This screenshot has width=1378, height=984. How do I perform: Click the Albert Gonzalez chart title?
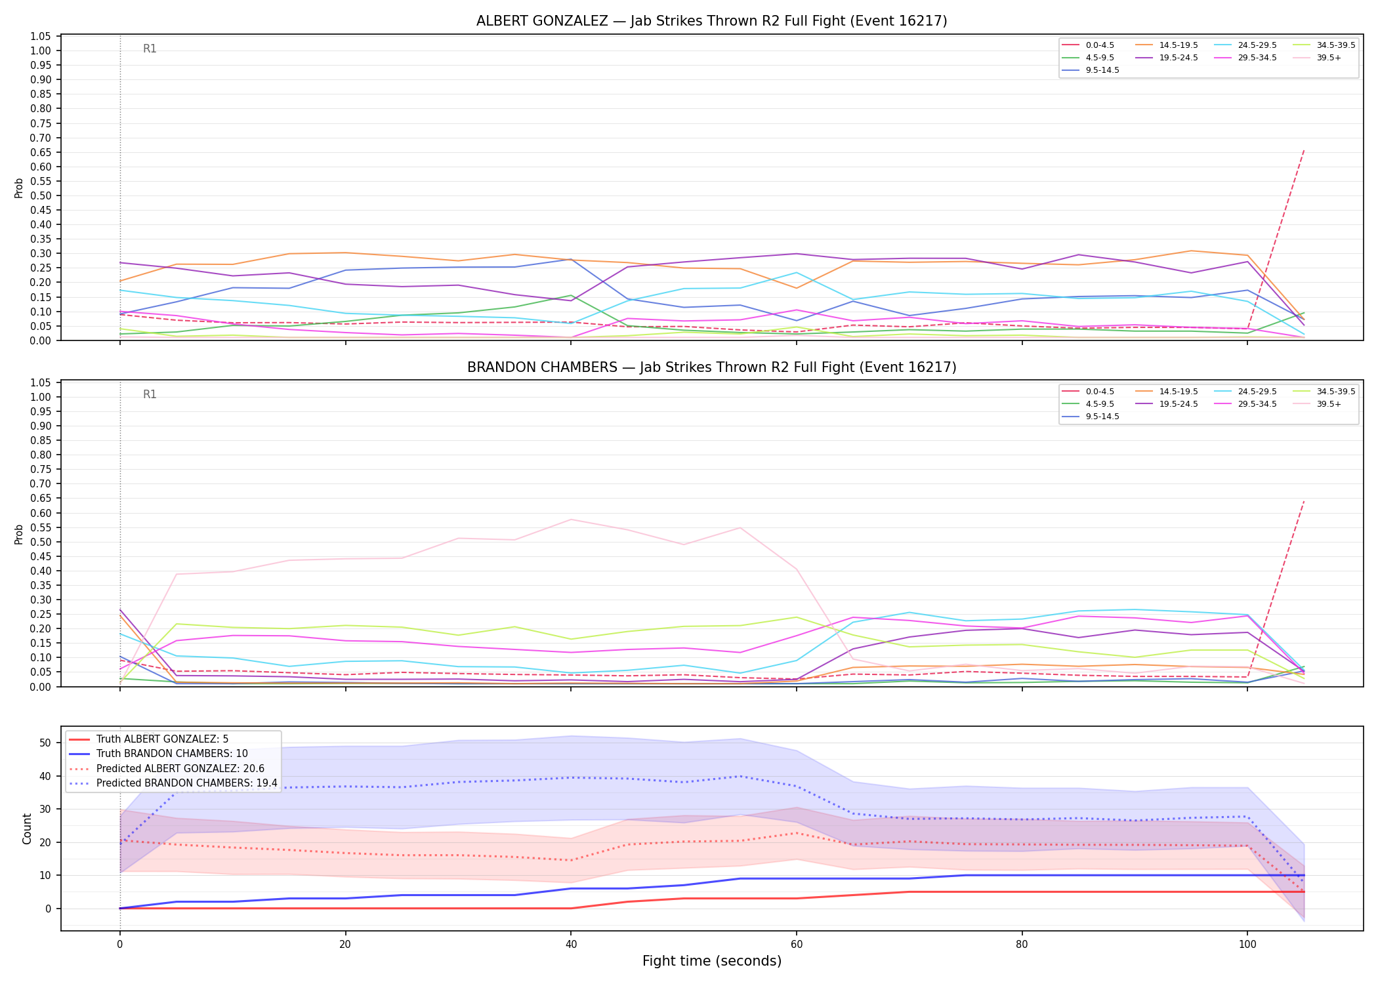coord(711,21)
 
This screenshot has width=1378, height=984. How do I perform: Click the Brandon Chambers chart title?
coord(711,367)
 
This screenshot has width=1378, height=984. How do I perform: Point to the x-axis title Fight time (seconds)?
coord(712,961)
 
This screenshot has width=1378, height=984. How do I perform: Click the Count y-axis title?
coord(27,829)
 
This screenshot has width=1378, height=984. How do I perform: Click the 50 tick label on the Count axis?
coord(45,743)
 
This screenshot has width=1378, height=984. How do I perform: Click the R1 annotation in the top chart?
coord(150,49)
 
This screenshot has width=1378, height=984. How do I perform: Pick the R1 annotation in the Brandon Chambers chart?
coord(150,394)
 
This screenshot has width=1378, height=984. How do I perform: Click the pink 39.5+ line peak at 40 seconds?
coord(571,520)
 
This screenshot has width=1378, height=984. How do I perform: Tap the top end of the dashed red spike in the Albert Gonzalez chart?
coord(1304,150)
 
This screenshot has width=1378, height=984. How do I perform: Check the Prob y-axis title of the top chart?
coord(19,188)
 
